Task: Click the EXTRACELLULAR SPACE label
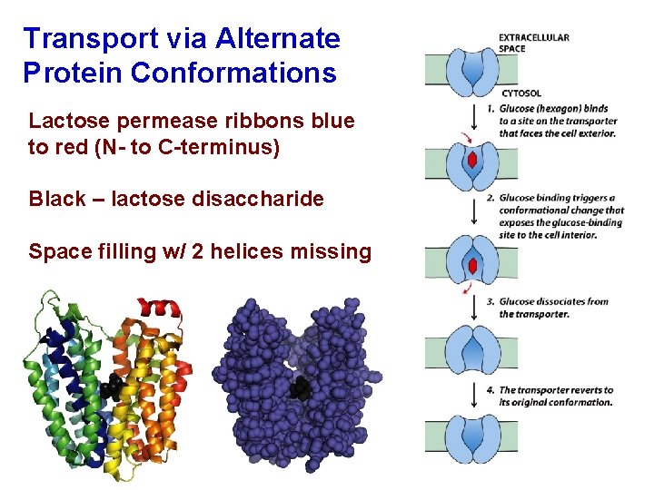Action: [x=534, y=43]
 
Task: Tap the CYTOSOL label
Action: [x=521, y=93]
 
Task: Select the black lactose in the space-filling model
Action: [x=300, y=389]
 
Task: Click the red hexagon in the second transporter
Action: [x=472, y=161]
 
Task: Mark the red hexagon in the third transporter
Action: [x=472, y=266]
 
